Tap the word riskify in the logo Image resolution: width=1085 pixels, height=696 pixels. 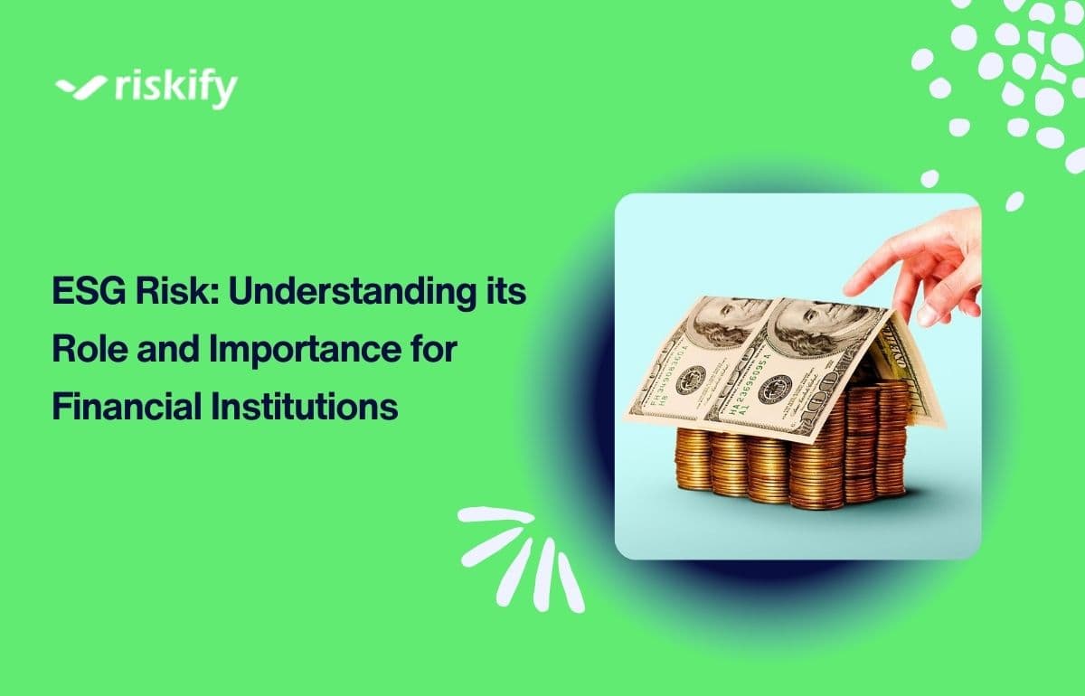coord(175,89)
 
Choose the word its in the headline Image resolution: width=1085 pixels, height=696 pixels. coord(506,295)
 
